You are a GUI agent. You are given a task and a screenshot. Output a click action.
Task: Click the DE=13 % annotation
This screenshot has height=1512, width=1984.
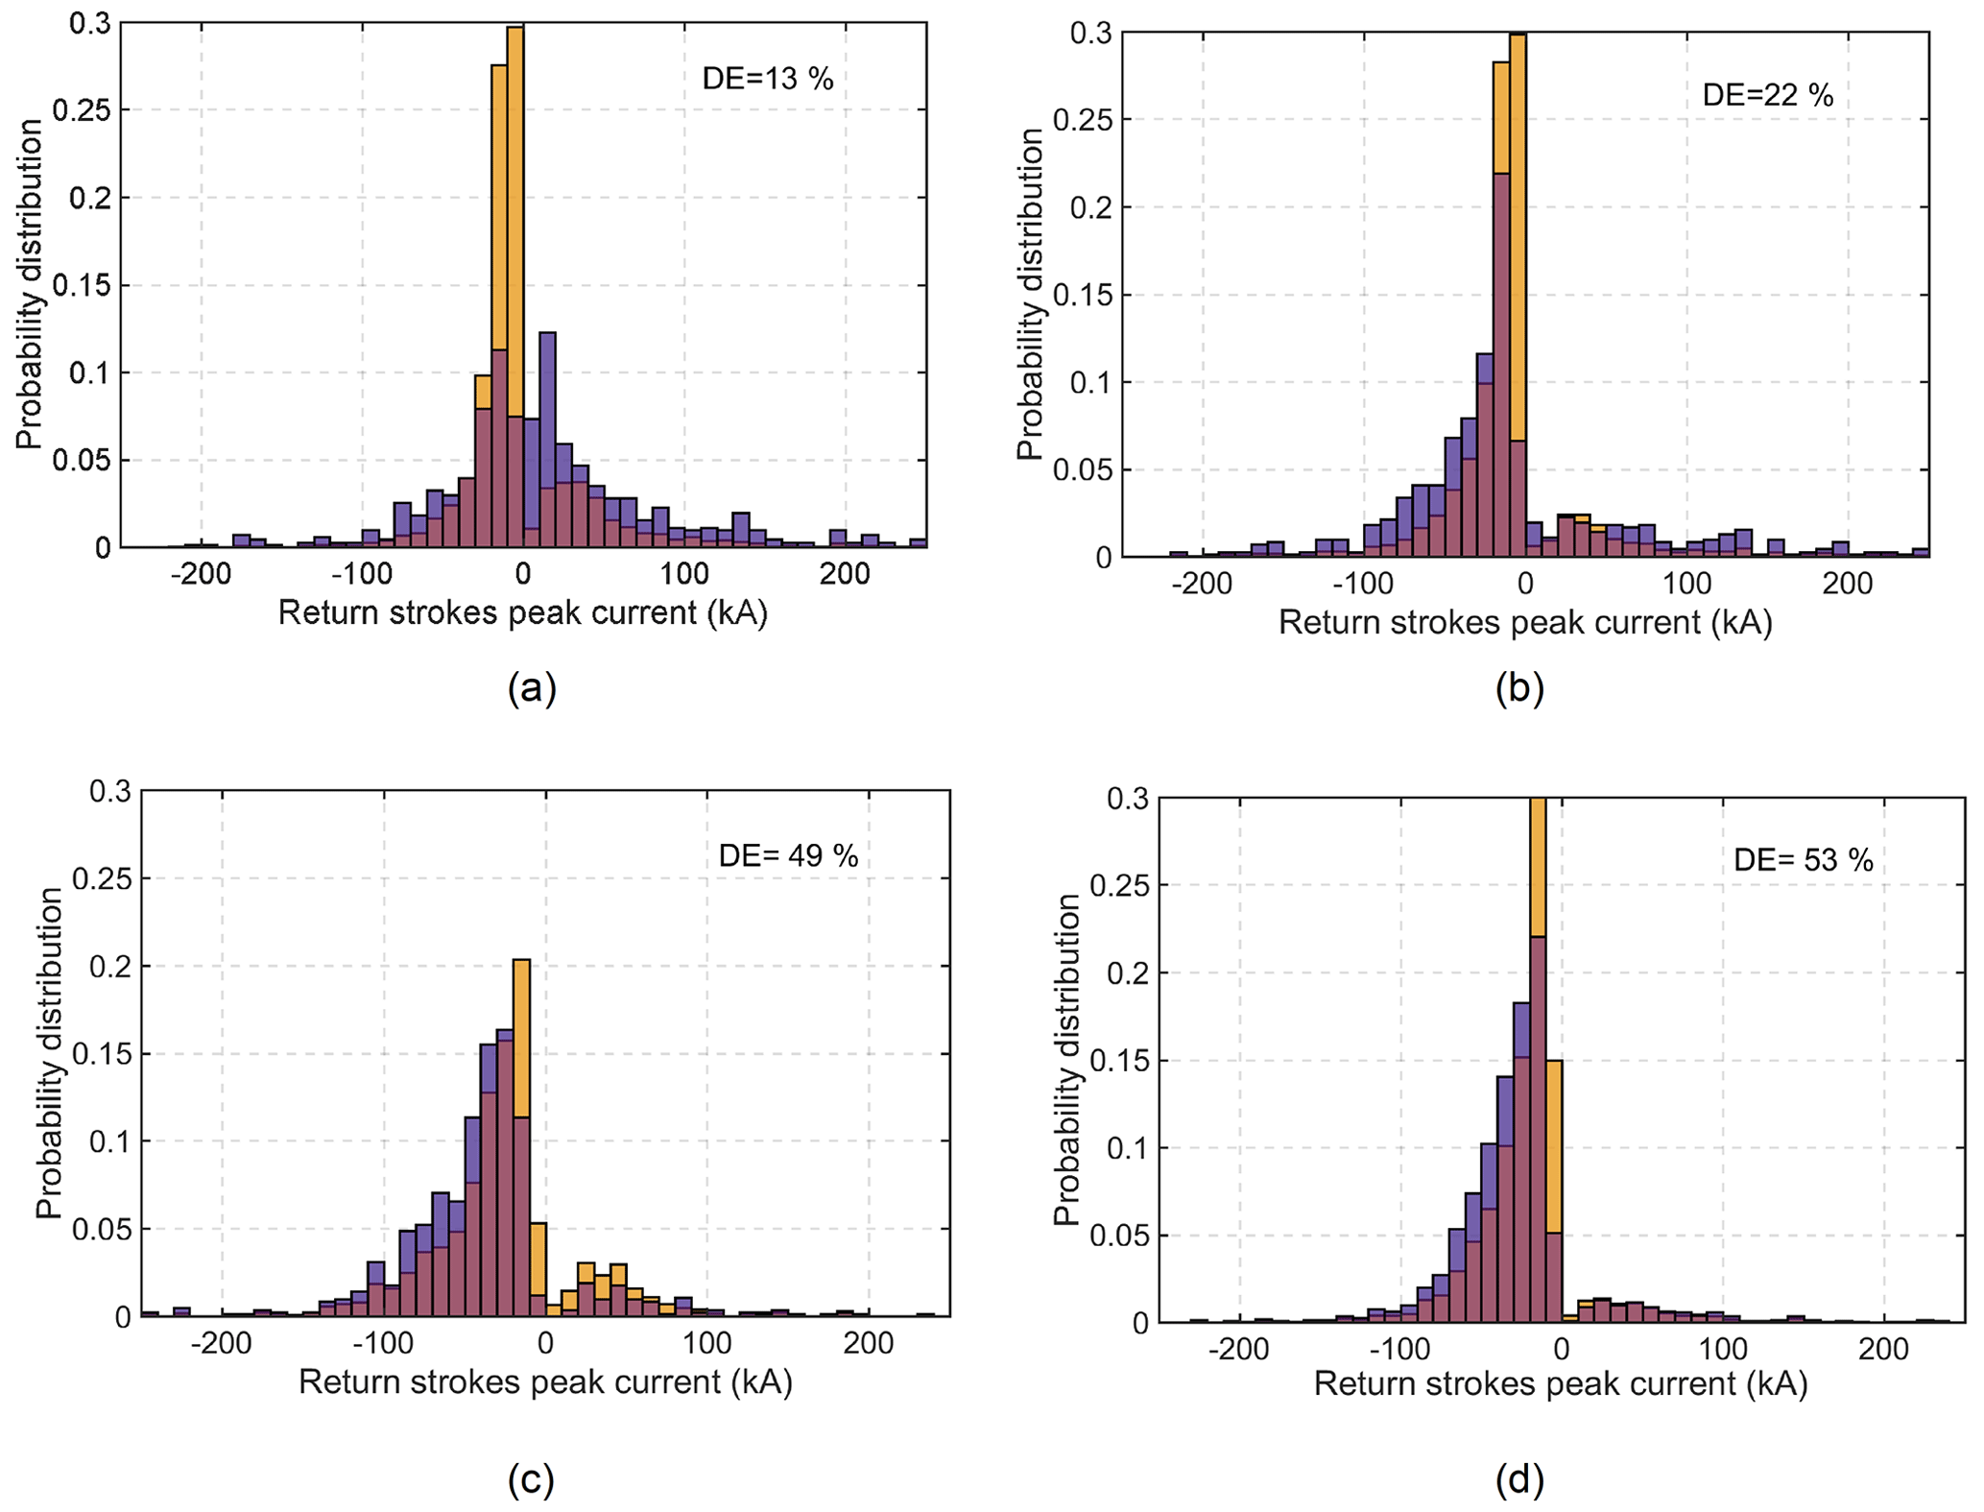click(x=767, y=79)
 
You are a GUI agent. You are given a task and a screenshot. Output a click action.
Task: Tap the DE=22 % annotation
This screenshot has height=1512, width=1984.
click(x=1767, y=95)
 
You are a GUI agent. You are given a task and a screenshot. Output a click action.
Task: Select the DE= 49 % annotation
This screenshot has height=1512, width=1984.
click(x=788, y=855)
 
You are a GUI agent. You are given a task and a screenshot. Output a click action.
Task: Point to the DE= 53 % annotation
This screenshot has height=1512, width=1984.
click(x=1803, y=860)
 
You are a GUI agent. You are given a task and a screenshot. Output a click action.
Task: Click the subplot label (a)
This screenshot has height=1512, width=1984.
click(x=532, y=688)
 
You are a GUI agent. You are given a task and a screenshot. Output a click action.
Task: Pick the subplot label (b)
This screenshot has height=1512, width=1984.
click(x=1519, y=688)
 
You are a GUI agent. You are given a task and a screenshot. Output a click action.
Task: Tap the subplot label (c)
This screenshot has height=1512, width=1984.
click(x=531, y=1479)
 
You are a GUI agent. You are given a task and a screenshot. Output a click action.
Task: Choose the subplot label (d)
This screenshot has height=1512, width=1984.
click(x=1519, y=1479)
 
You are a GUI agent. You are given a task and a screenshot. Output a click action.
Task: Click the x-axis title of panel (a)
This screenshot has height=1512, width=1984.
click(x=523, y=612)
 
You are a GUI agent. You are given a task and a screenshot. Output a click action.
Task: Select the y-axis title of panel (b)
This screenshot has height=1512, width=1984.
click(x=1030, y=295)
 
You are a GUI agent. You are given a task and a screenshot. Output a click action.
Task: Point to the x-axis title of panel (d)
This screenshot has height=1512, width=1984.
click(x=1560, y=1383)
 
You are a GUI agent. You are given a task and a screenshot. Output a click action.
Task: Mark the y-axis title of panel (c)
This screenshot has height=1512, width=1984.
click(x=49, y=1053)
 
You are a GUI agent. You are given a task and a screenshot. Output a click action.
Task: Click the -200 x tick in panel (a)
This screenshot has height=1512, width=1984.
click(x=201, y=575)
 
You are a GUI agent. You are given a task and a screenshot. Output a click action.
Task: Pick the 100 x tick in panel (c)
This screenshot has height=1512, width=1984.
click(x=707, y=1343)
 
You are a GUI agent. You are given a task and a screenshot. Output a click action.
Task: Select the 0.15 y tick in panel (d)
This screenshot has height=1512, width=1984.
click(x=1114, y=1061)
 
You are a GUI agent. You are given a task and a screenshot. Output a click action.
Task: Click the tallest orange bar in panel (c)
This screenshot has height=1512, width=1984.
click(x=521, y=1037)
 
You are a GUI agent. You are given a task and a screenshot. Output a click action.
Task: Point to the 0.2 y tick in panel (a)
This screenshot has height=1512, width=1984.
click(x=90, y=198)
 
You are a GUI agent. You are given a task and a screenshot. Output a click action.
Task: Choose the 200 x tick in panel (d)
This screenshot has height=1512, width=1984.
click(x=1883, y=1350)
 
